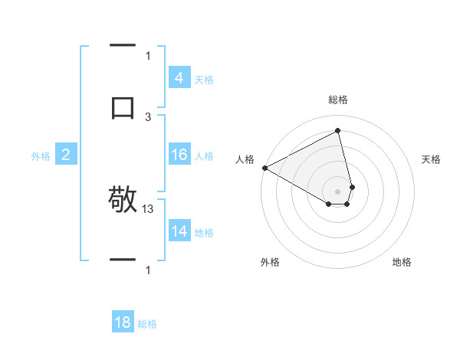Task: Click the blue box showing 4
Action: [179, 78]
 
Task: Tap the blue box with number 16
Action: [179, 155]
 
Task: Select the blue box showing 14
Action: [179, 232]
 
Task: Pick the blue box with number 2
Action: [65, 155]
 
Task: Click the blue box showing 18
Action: [123, 322]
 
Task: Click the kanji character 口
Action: [123, 106]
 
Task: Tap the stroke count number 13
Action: [149, 208]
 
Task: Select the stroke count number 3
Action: [148, 116]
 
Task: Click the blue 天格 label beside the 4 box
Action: [203, 80]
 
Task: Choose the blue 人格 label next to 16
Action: [203, 156]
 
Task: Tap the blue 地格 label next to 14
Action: [203, 233]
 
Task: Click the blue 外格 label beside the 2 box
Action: [41, 156]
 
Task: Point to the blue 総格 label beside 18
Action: [147, 324]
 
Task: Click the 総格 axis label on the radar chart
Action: [337, 100]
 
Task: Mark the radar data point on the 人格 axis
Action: [264, 168]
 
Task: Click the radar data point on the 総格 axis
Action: [337, 130]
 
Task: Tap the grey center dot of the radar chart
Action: [337, 191]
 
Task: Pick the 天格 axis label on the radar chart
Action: [431, 159]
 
